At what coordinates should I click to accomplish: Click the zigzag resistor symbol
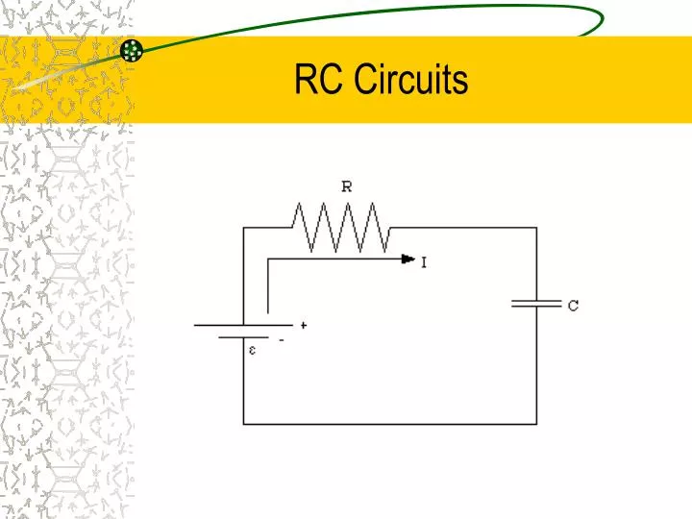coord(341,228)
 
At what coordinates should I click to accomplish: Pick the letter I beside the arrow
coord(424,260)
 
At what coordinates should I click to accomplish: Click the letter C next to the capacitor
coord(573,307)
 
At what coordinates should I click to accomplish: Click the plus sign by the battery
coord(304,326)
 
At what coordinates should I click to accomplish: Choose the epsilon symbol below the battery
coord(253,350)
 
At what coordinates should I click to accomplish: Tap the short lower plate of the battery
coord(243,337)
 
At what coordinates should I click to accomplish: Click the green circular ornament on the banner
coord(133,51)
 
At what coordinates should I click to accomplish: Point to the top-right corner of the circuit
coord(536,228)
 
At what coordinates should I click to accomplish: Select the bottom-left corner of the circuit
coord(243,424)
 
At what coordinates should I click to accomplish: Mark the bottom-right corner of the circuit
coord(536,424)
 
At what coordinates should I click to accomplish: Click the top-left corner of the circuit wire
coord(243,228)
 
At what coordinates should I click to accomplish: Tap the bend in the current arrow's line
coord(267,259)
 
